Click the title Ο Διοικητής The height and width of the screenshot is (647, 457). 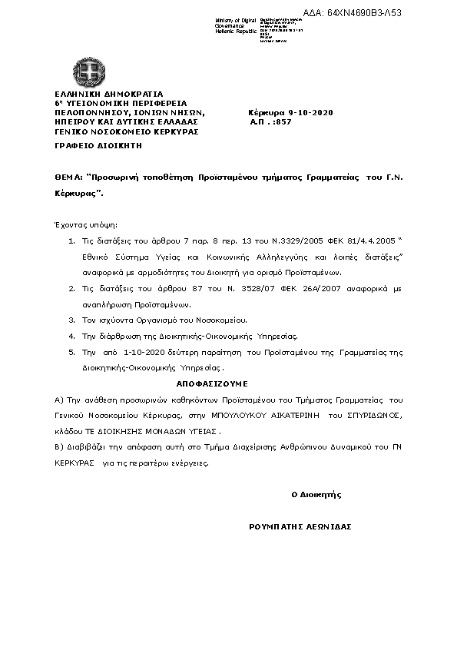pyautogui.click(x=316, y=494)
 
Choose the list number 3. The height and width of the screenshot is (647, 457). pyautogui.click(x=71, y=319)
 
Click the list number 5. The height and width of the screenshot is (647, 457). pyautogui.click(x=71, y=350)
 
